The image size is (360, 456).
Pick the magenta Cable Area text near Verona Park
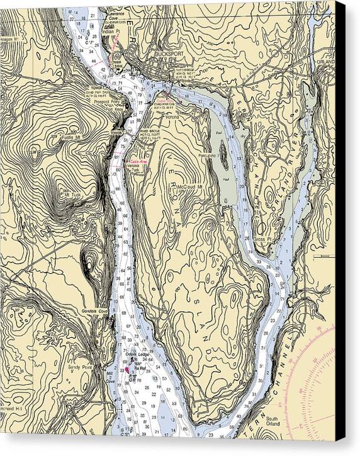point(138,161)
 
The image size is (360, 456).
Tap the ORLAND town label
point(324,62)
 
